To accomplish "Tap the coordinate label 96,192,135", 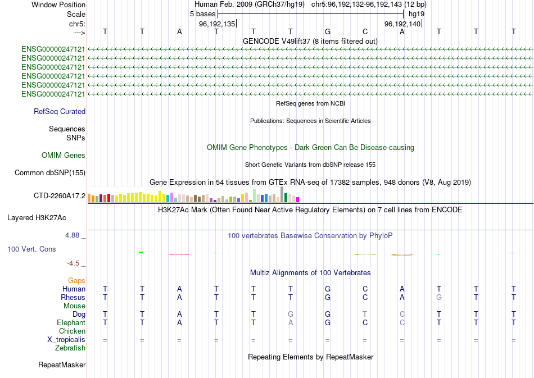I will tap(217, 24).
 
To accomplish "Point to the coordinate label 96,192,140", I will tap(402, 24).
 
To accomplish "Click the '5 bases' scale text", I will tap(202, 14).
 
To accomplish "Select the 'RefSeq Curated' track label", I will tap(60, 112).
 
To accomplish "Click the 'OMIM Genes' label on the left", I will tap(64, 156).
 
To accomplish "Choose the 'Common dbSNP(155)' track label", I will tap(50, 173).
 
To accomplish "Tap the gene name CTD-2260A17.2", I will tap(60, 196).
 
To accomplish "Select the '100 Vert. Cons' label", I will tap(31, 249).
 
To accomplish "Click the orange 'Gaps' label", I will tap(76, 280).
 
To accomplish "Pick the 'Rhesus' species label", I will tap(73, 297).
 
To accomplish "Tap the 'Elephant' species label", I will tap(71, 323).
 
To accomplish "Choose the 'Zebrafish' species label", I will tap(70, 348).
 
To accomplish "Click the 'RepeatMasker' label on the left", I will tap(62, 365).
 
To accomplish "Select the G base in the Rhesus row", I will tap(439, 297).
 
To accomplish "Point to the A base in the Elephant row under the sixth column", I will tap(291, 323).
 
